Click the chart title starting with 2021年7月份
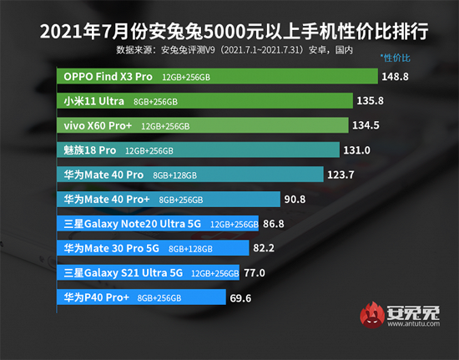pyautogui.click(x=229, y=32)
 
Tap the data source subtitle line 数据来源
pyautogui.click(x=229, y=51)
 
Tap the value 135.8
pyautogui.click(x=371, y=100)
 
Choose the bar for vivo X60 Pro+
pyautogui.click(x=204, y=125)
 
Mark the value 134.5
pyautogui.click(x=368, y=125)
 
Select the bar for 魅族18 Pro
pyautogui.click(x=199, y=150)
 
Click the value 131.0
pyautogui.click(x=360, y=150)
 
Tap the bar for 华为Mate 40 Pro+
pyautogui.click(x=167, y=200)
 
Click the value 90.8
pyautogui.click(x=295, y=200)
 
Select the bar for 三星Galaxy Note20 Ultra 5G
pyautogui.click(x=159, y=224)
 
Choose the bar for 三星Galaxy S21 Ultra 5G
pyautogui.click(x=150, y=272)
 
